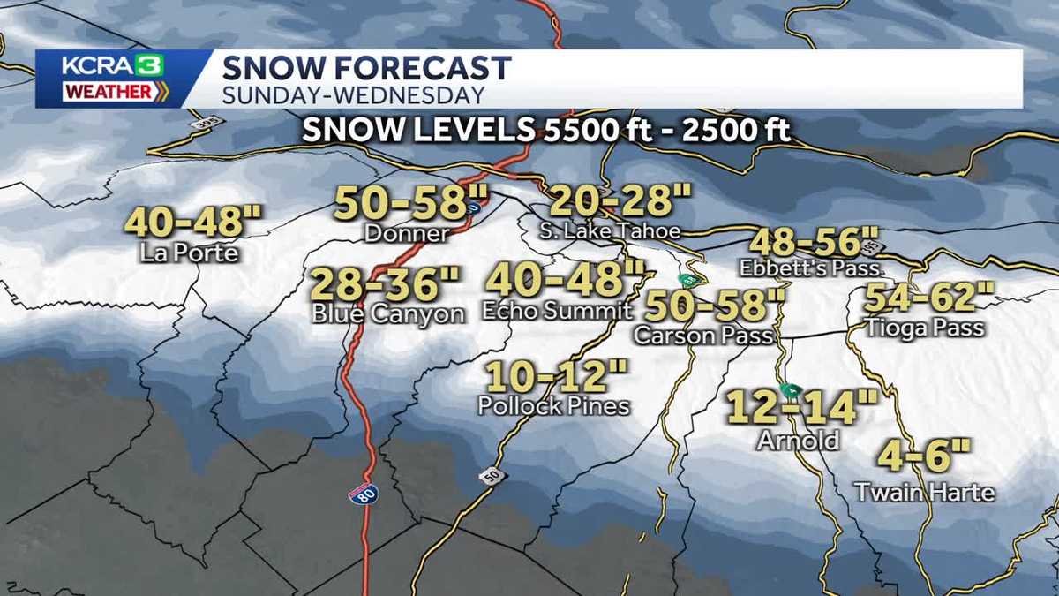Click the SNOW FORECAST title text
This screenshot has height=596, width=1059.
pyautogui.click(x=366, y=68)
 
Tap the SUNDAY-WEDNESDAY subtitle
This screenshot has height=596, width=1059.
pyautogui.click(x=352, y=94)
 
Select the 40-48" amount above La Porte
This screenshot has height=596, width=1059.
pyautogui.click(x=192, y=222)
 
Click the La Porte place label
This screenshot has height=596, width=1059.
pyautogui.click(x=189, y=253)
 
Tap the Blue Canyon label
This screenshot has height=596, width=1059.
pyautogui.click(x=387, y=313)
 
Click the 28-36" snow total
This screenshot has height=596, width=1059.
pyautogui.click(x=387, y=284)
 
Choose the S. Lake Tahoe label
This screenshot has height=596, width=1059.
pyautogui.click(x=611, y=231)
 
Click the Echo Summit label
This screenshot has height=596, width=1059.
pyautogui.click(x=557, y=311)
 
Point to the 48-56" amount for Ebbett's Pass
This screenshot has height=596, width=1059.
pyautogui.click(x=815, y=241)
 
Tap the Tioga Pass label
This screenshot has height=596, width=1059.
pyautogui.click(x=925, y=328)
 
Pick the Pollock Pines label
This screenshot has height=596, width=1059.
pyautogui.click(x=553, y=405)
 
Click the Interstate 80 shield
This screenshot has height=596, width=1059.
pyautogui.click(x=363, y=494)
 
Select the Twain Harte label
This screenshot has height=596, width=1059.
pyautogui.click(x=925, y=492)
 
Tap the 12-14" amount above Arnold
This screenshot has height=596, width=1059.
pyautogui.click(x=801, y=408)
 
